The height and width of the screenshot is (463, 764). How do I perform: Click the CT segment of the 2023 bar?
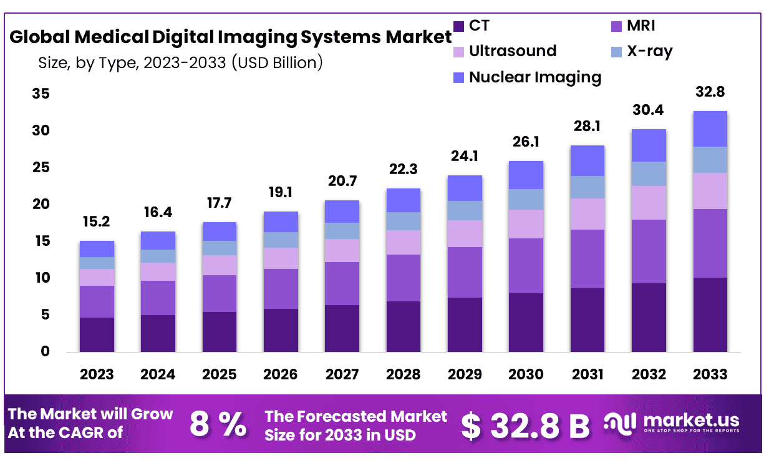click(x=97, y=334)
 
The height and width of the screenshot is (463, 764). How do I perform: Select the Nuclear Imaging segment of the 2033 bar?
click(x=710, y=129)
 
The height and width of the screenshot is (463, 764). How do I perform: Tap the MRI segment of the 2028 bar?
click(x=403, y=278)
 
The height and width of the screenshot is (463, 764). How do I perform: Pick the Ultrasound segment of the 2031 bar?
click(x=587, y=214)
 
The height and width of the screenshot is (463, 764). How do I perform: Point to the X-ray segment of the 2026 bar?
click(x=281, y=240)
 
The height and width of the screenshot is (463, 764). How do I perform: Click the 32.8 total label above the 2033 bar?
click(x=710, y=92)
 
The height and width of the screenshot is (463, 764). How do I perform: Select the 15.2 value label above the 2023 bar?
click(x=97, y=222)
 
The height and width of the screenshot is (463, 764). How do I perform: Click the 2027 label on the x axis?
click(x=342, y=374)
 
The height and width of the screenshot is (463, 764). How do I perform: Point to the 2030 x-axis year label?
click(x=526, y=374)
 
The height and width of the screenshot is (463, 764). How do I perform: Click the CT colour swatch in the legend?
click(x=458, y=26)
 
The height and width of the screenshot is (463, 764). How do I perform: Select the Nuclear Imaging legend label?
click(x=535, y=77)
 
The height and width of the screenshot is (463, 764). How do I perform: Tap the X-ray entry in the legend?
click(x=649, y=51)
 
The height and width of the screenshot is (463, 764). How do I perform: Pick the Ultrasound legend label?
click(x=512, y=51)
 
